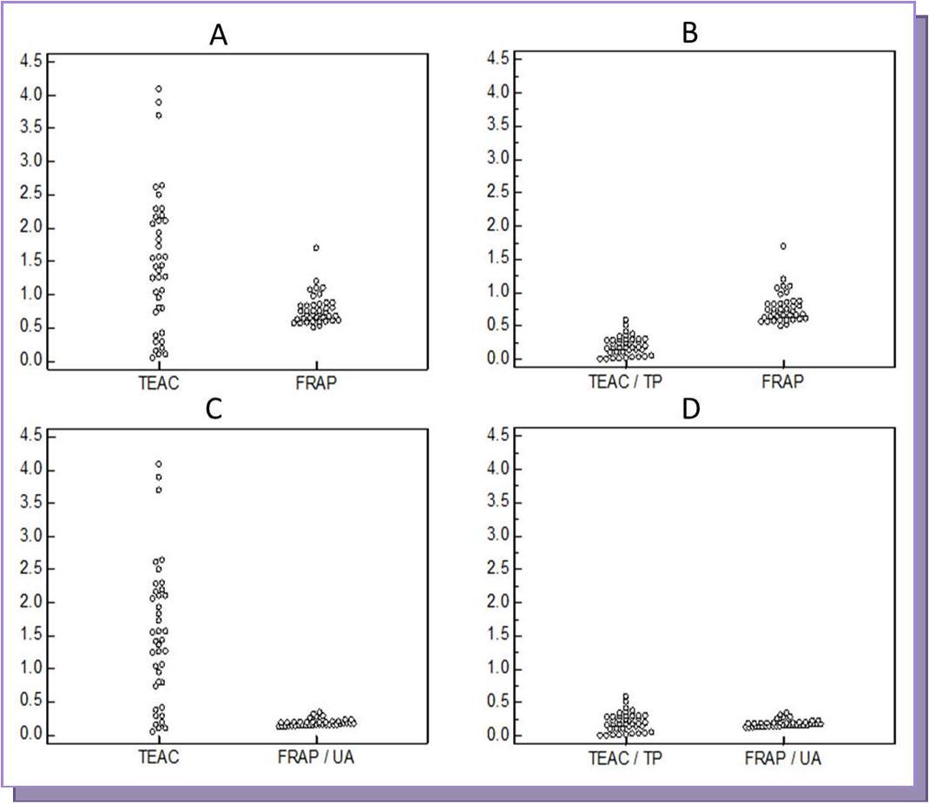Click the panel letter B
coord(691,35)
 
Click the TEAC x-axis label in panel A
coord(158,382)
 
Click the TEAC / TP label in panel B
coord(624,380)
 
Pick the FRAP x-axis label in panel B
coord(783,380)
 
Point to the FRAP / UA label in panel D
coord(783,757)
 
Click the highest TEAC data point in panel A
coord(159,89)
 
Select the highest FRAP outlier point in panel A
coord(316,247)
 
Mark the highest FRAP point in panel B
coord(783,246)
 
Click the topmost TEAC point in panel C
coord(159,464)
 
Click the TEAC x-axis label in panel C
coord(158,757)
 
